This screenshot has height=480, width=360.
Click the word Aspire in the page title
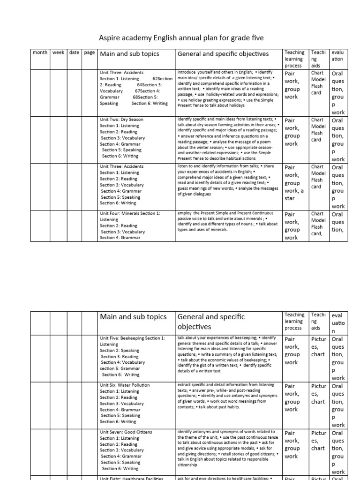tap(109, 37)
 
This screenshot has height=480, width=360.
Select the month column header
tap(40, 52)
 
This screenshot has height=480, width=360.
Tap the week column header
tap(59, 52)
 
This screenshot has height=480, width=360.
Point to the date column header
tap(74, 52)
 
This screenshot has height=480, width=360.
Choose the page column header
tap(89, 52)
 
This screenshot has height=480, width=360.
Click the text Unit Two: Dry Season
tap(121, 120)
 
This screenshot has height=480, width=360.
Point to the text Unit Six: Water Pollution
tap(125, 385)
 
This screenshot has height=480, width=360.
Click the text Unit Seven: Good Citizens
tap(126, 432)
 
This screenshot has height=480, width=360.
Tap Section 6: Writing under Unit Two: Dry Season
tap(117, 156)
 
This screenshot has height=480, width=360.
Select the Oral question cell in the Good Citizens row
tap(337, 451)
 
